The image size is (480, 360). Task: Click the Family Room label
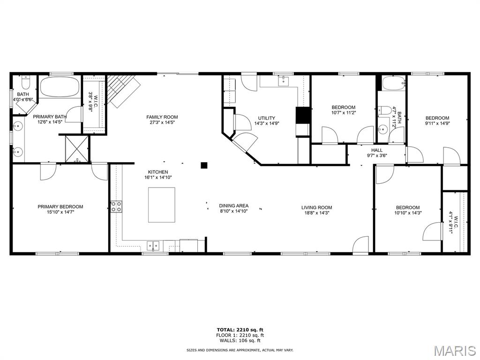(x=162, y=117)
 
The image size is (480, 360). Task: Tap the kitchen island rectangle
(x=162, y=205)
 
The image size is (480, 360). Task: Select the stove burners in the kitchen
(x=116, y=206)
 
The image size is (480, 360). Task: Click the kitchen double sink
(x=153, y=246)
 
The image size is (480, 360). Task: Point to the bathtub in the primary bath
(x=60, y=87)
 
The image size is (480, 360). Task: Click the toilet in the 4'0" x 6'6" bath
(x=25, y=82)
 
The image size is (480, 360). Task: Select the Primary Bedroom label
(x=60, y=207)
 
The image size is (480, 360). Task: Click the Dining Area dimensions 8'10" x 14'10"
(x=233, y=211)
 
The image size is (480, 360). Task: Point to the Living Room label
(x=316, y=207)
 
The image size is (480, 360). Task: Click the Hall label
(x=377, y=150)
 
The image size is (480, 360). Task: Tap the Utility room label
(x=266, y=118)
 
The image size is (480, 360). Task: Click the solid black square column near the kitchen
(x=204, y=165)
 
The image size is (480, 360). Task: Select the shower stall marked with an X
(x=77, y=149)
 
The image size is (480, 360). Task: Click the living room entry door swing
(x=360, y=245)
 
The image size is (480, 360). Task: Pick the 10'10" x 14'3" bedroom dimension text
(x=408, y=213)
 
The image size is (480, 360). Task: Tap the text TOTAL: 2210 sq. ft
(x=240, y=330)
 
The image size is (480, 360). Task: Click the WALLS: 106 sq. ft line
(x=240, y=340)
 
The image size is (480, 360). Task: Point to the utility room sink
(x=284, y=81)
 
